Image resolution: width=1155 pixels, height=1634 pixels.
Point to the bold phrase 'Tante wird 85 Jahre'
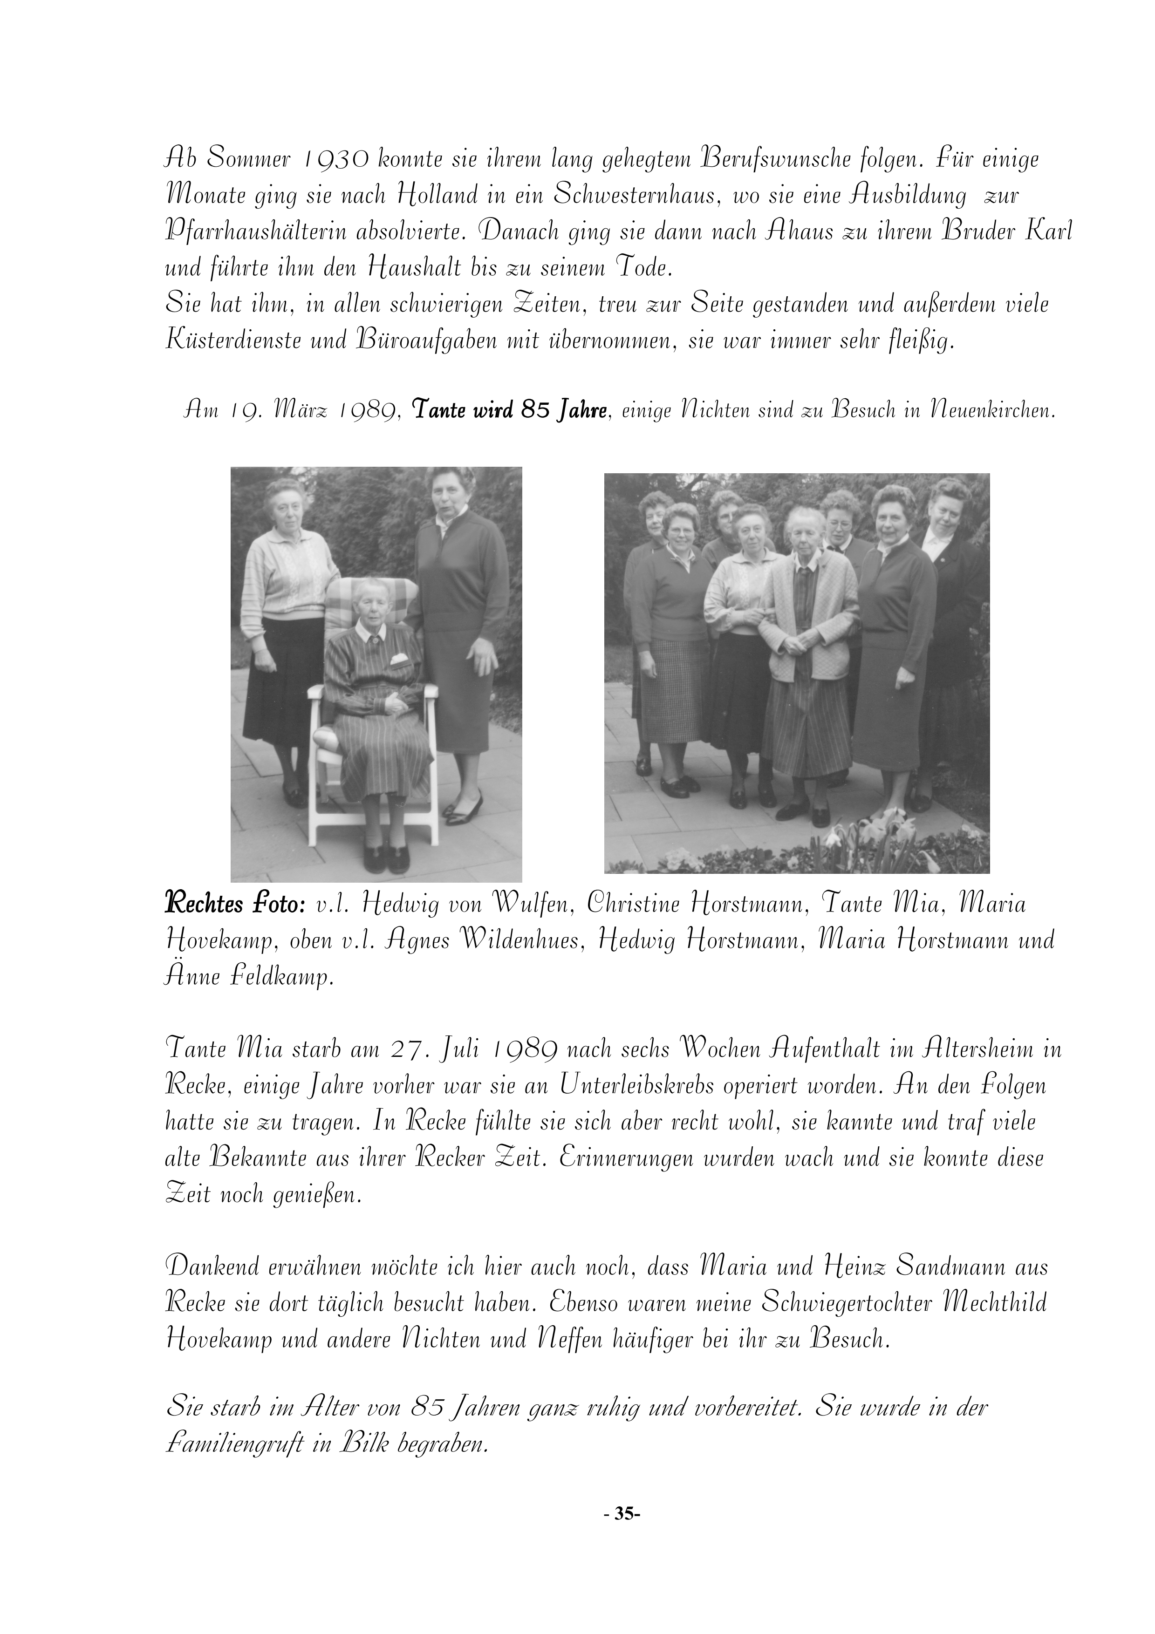(x=510, y=411)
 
